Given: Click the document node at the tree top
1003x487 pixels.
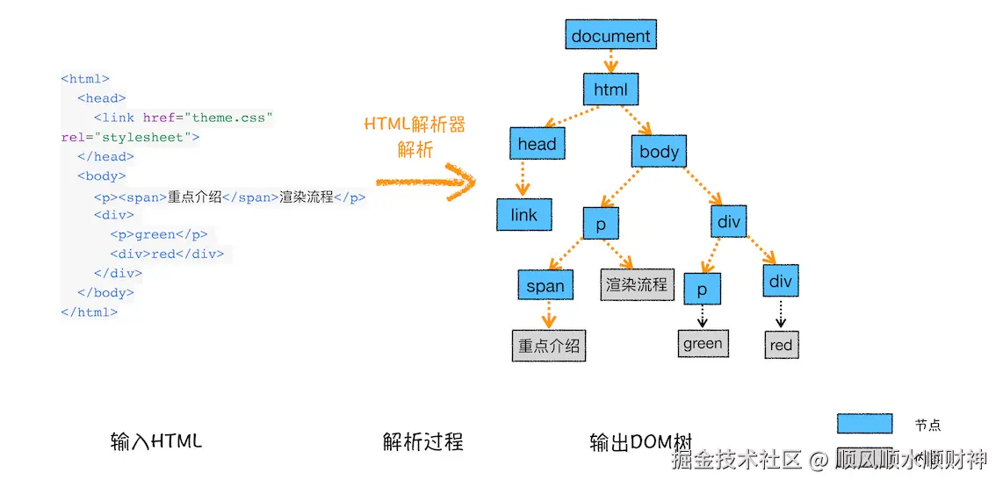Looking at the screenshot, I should pos(610,36).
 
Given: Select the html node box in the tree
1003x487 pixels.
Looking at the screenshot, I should pos(610,90).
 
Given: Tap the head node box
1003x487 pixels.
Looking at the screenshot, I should pos(537,144).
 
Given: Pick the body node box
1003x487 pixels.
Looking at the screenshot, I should pos(659,152).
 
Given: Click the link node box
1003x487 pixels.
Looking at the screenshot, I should pos(523,215).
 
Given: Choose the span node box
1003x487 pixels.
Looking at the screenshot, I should pos(545,285).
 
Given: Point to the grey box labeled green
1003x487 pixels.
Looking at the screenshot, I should pos(703,344).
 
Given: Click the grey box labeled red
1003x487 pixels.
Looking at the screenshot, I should pos(781,345).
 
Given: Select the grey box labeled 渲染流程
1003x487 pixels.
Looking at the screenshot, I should pos(637,284).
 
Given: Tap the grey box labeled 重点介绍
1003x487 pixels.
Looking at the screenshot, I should pos(549,346).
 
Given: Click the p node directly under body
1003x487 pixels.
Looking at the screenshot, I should pos(601,225).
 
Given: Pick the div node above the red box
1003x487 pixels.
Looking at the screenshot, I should pos(780,281).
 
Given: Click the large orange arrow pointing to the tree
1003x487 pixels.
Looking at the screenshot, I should pos(426,182).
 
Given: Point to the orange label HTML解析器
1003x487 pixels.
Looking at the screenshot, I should pos(415,124).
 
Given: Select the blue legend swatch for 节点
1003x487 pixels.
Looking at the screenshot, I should pos(864,424).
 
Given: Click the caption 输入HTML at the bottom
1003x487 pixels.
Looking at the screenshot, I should pos(156,440).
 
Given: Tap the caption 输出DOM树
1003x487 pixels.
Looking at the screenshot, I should pos(641,441).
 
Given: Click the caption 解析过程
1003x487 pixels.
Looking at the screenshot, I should pos(422,441).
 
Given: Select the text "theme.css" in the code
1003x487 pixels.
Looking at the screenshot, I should pos(233,118).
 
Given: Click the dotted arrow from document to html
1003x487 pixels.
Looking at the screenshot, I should pos(611,61).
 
